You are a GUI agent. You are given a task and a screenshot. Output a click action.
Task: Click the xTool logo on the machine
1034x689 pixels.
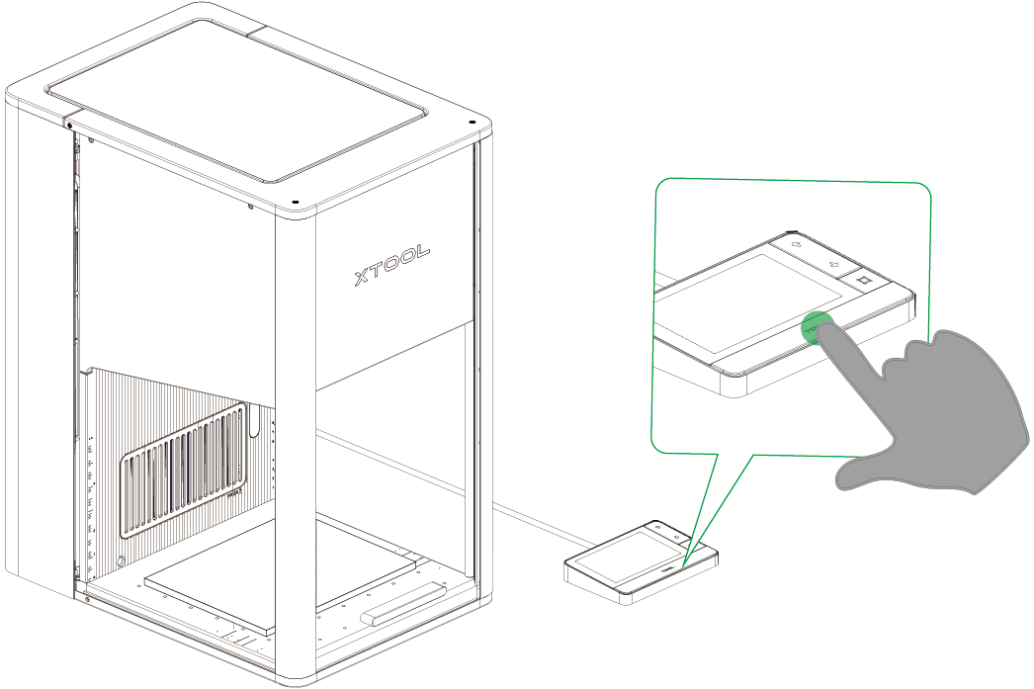point(391,265)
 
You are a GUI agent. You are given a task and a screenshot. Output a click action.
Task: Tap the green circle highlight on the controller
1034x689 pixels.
point(818,327)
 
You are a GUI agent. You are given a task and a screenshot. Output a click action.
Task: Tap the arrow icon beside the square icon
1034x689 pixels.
point(834,264)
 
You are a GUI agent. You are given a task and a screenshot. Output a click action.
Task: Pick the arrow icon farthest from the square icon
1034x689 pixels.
point(796,244)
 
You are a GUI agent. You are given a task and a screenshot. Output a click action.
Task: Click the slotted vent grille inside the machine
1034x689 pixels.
point(183,471)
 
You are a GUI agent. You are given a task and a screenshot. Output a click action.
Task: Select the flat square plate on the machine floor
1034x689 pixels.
point(281,572)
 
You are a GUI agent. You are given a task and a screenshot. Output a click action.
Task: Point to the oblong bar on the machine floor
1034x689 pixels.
point(405,601)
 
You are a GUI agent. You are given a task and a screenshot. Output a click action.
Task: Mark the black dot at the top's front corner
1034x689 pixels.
point(295,201)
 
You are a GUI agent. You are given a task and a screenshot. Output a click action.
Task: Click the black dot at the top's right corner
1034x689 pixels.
point(472,122)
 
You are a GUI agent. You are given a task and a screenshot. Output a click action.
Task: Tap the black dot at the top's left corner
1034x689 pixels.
point(70,125)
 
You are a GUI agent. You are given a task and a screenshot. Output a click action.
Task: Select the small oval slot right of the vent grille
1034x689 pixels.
point(253,422)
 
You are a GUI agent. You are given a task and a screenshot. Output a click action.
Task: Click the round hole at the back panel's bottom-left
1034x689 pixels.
point(121,561)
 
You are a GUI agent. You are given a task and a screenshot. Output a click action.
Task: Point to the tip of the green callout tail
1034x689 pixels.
point(683,565)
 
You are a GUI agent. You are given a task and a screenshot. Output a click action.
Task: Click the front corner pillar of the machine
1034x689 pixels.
point(295,449)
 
